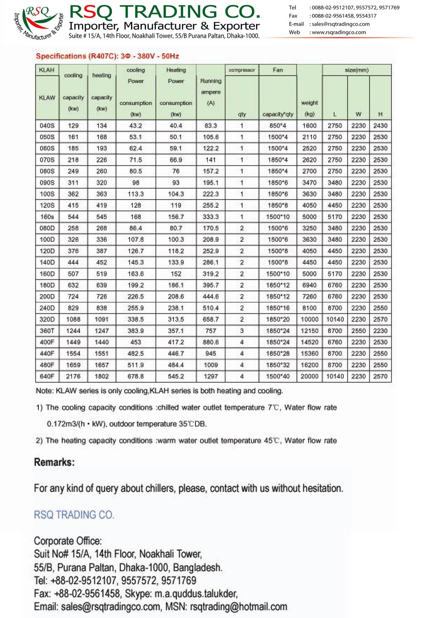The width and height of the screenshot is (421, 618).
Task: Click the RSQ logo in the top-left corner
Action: [x=38, y=21]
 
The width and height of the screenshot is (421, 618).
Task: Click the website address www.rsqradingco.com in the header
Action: [x=338, y=32]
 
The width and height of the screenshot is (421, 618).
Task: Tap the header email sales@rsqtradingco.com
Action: [x=341, y=24]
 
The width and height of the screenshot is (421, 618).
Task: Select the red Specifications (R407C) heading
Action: [x=107, y=56]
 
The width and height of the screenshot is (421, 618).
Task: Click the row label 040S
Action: [x=47, y=126]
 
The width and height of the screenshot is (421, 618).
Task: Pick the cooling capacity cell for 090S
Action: [x=73, y=183]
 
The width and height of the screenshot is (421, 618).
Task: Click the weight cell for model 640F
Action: [x=309, y=376]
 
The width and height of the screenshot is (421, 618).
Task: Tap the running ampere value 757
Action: [x=210, y=331]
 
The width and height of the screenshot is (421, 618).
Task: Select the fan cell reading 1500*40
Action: [x=278, y=376]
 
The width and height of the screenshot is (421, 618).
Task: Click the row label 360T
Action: [x=47, y=331]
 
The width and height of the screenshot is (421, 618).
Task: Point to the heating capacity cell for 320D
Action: [x=101, y=319]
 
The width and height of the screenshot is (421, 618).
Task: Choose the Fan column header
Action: [x=278, y=70]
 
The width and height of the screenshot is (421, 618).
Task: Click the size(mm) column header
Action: [x=357, y=70]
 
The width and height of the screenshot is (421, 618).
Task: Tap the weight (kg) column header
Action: [x=309, y=108]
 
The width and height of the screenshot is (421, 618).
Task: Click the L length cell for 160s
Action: [x=335, y=217]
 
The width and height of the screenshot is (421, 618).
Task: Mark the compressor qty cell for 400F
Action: [x=242, y=342]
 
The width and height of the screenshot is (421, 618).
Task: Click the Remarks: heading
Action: [x=54, y=462]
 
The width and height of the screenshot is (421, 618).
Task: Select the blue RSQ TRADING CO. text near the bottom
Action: [x=74, y=515]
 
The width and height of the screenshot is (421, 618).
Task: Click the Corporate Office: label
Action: [x=68, y=541]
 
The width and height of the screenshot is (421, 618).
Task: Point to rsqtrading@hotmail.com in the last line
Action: [x=239, y=607]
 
